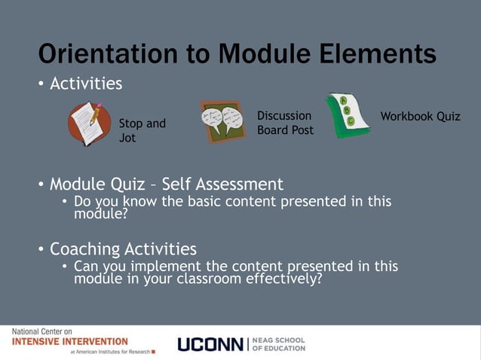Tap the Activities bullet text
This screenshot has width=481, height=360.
click(85, 84)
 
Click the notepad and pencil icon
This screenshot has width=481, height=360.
click(90, 123)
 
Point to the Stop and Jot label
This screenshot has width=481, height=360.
click(142, 130)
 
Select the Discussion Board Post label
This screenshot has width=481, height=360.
click(285, 123)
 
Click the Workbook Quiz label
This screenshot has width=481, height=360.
click(420, 116)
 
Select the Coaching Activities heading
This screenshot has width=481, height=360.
click(123, 249)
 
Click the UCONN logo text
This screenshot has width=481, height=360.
click(209, 344)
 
